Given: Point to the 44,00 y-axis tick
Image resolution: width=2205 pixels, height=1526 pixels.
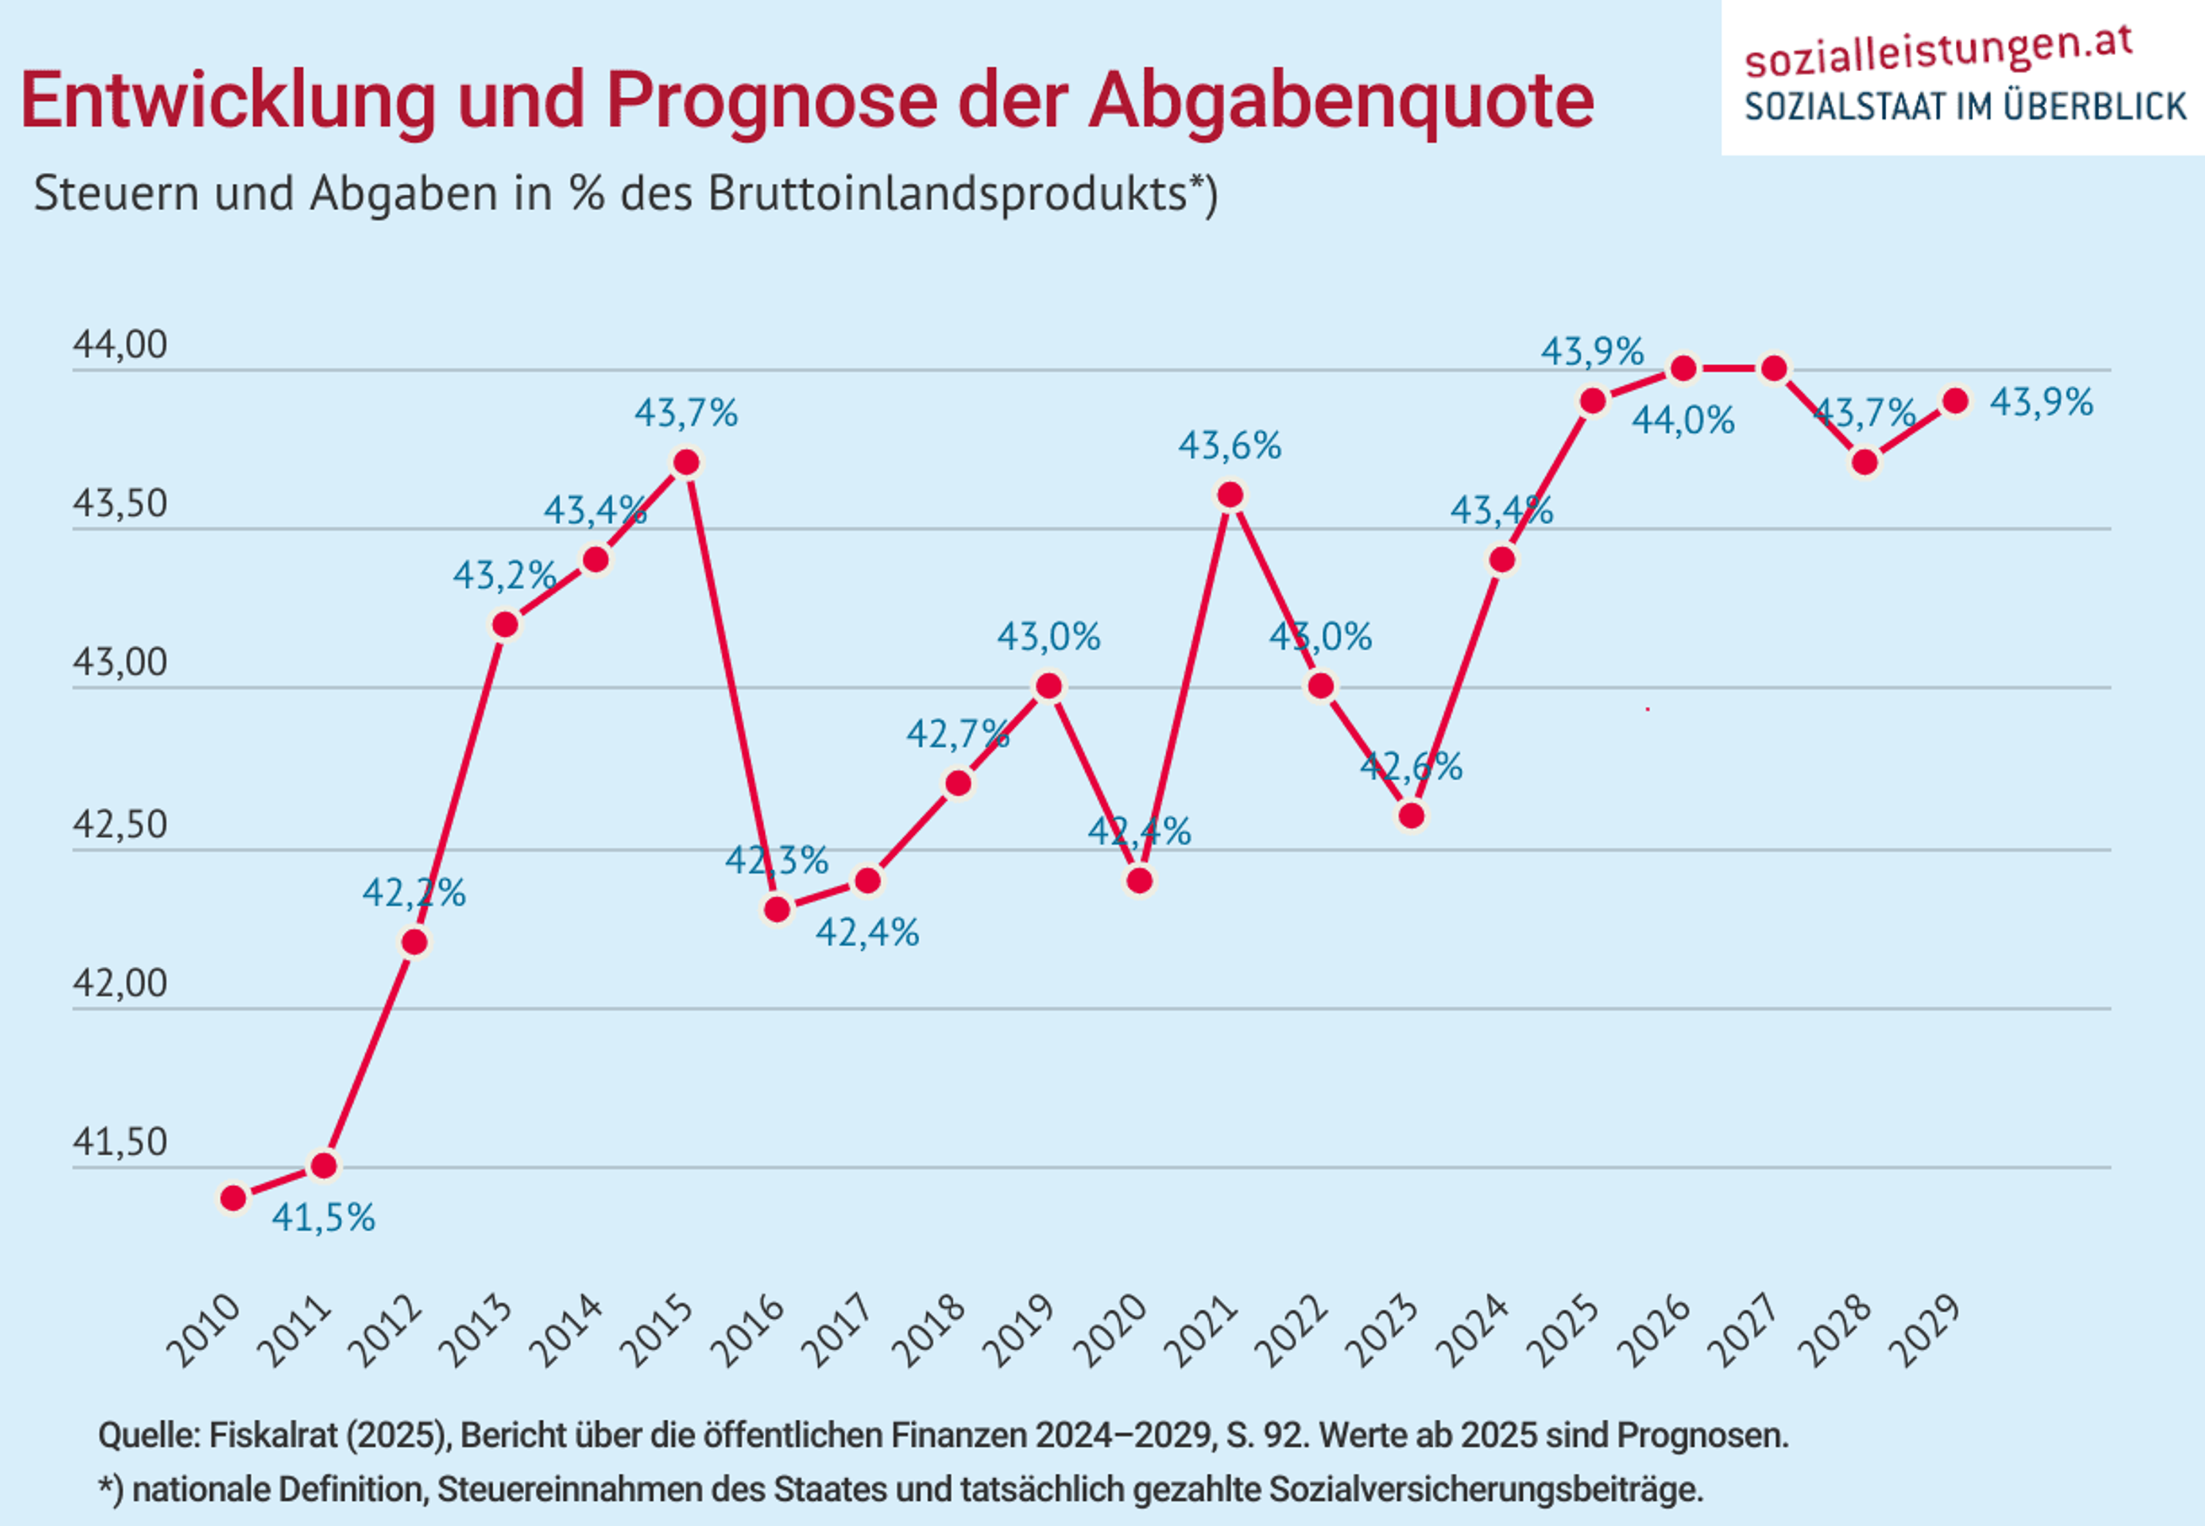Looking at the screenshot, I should (119, 345).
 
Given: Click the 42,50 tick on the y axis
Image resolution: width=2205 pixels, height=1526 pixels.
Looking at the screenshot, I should (119, 825).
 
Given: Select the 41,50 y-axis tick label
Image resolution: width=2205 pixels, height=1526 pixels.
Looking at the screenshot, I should (119, 1142).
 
